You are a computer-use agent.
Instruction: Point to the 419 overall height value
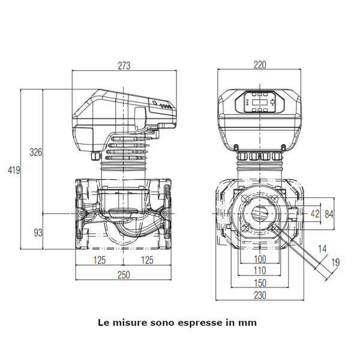click(14, 170)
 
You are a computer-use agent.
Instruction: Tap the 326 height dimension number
click(36, 152)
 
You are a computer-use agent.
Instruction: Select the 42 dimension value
click(316, 213)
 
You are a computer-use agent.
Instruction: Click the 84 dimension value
click(329, 213)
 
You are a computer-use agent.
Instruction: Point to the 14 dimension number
click(322, 247)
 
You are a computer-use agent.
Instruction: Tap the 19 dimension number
click(335, 261)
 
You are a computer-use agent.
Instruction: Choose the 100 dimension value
click(260, 259)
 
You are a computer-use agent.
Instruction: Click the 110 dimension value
click(260, 271)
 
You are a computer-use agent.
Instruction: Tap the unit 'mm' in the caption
click(247, 322)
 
